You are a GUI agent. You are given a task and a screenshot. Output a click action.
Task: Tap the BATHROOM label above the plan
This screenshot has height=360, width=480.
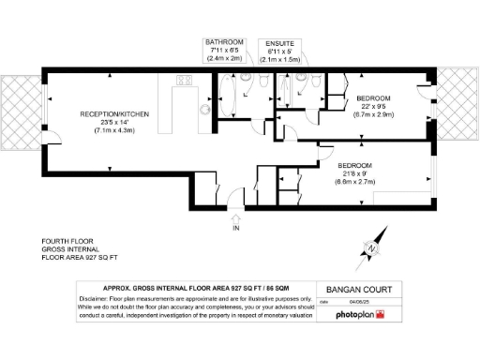coord(225,42)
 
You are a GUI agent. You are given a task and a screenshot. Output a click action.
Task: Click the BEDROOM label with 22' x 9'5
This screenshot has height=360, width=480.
coord(373,98)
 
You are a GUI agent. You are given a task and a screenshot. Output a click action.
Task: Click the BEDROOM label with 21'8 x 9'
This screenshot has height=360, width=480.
coord(359,166)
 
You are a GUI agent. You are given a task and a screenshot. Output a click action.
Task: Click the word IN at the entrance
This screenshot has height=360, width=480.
coord(236,228)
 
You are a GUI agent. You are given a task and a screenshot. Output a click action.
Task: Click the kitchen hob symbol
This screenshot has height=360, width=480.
coord(184,81)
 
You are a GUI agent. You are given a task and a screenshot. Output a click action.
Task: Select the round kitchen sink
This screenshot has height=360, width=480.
coord(203,109)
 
